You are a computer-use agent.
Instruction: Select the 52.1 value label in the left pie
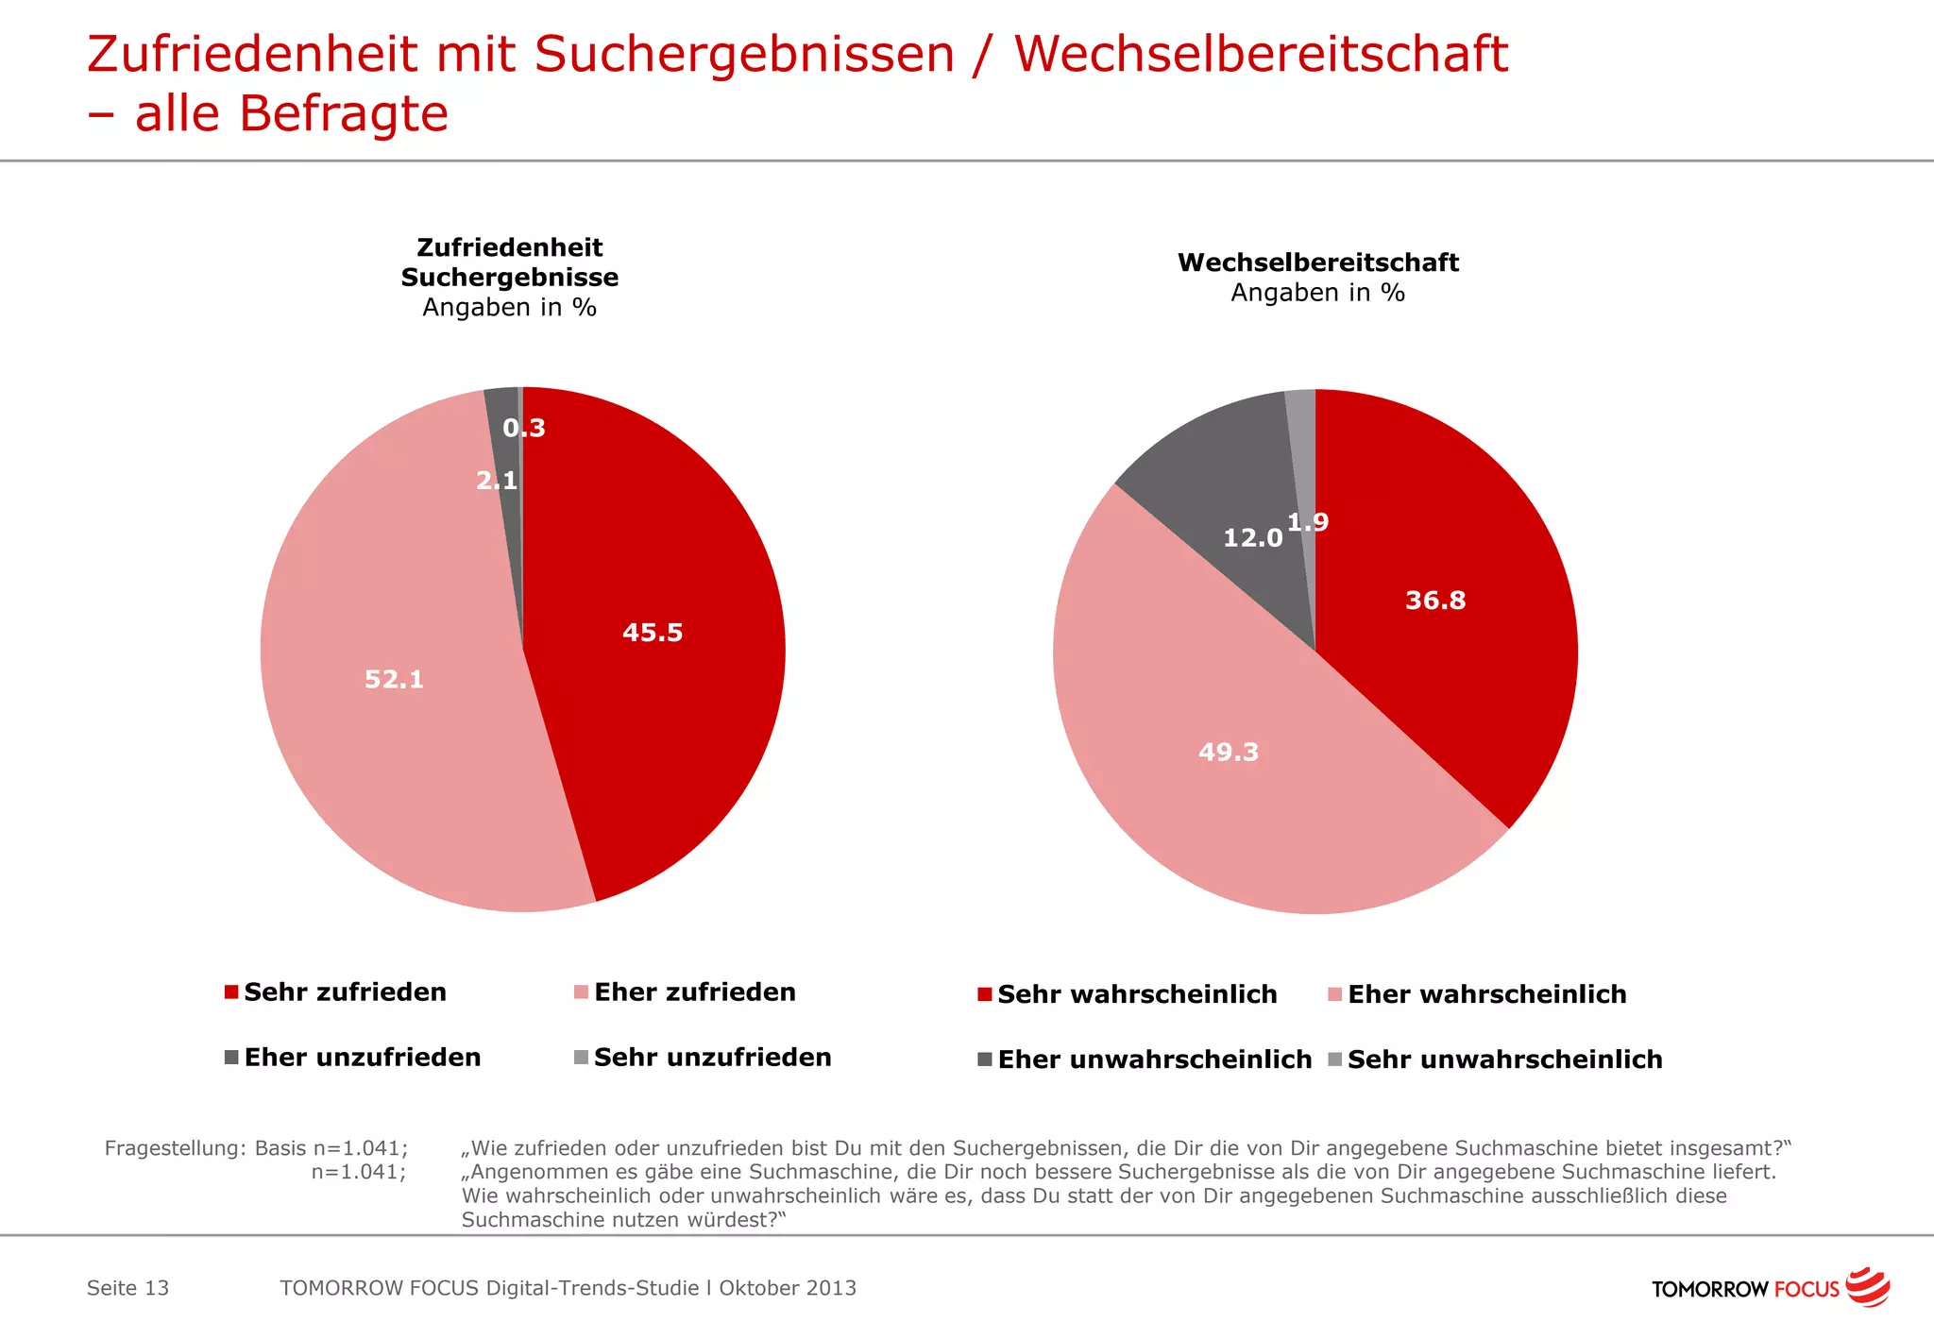394,679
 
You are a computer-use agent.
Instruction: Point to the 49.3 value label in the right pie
1228,752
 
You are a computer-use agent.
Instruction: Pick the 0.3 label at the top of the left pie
524,428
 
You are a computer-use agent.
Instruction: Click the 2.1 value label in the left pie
497,481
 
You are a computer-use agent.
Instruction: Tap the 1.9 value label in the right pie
1308,522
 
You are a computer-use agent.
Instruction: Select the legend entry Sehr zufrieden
345,992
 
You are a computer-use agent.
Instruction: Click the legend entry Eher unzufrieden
362,1057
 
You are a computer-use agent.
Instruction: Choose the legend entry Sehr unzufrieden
712,1057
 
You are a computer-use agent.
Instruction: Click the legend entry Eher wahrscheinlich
1486,993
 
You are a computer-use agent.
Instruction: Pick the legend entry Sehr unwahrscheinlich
1504,1059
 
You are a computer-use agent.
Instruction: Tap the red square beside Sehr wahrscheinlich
984,994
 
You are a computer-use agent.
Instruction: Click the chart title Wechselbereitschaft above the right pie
1317,263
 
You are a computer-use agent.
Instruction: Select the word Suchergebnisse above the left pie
509,278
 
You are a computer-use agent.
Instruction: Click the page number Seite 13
127,1288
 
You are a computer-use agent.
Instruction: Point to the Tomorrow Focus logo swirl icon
1868,1286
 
